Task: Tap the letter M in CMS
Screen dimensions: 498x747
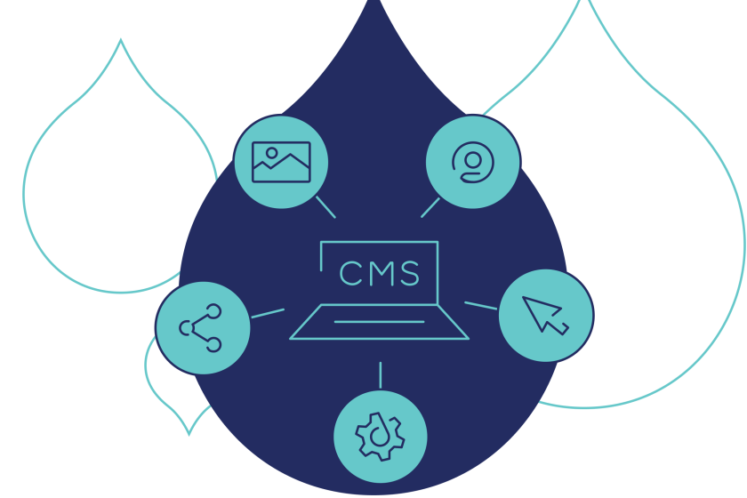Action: [x=379, y=274]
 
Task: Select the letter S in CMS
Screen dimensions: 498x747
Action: [x=409, y=274]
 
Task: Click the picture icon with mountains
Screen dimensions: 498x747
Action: [x=281, y=162]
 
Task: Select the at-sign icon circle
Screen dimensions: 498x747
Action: [x=472, y=162]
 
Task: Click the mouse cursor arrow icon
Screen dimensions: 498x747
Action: [x=544, y=315]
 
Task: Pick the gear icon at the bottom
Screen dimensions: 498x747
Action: [x=380, y=436]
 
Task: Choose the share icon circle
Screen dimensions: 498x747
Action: [x=202, y=328]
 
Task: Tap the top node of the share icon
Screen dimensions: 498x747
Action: [x=213, y=312]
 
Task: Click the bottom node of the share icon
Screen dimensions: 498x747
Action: [x=213, y=344]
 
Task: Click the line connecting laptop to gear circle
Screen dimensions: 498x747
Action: [x=381, y=374]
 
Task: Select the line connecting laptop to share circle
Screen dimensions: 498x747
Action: [x=267, y=313]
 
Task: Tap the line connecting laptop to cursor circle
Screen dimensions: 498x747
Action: [x=480, y=306]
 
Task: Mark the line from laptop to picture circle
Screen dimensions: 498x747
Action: [x=325, y=207]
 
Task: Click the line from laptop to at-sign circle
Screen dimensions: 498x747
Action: [x=430, y=207]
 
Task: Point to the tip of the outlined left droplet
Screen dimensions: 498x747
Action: [x=121, y=41]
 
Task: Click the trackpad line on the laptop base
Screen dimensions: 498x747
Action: [x=379, y=322]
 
